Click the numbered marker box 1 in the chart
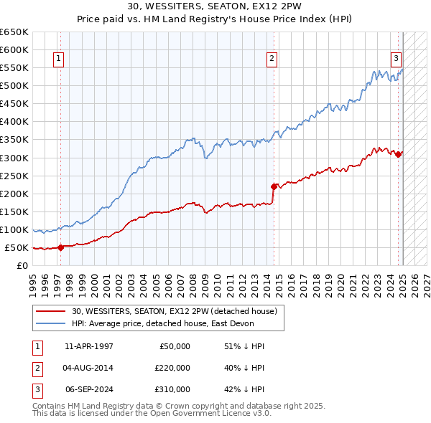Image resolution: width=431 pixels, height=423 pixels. tap(58, 60)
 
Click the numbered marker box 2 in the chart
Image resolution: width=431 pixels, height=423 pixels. tap(272, 60)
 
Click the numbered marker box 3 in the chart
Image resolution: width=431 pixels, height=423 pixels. tap(396, 60)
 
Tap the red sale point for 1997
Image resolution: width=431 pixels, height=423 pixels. tap(60, 247)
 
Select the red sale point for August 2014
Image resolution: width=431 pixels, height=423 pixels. tap(274, 186)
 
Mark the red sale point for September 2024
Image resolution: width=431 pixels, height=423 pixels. tap(399, 153)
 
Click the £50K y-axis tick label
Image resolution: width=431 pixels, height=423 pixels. tap(17, 248)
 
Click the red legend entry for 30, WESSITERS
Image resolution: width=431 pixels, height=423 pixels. tap(178, 310)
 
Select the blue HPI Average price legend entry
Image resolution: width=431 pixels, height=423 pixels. tap(177, 323)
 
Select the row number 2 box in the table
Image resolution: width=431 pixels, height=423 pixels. tap(37, 368)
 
